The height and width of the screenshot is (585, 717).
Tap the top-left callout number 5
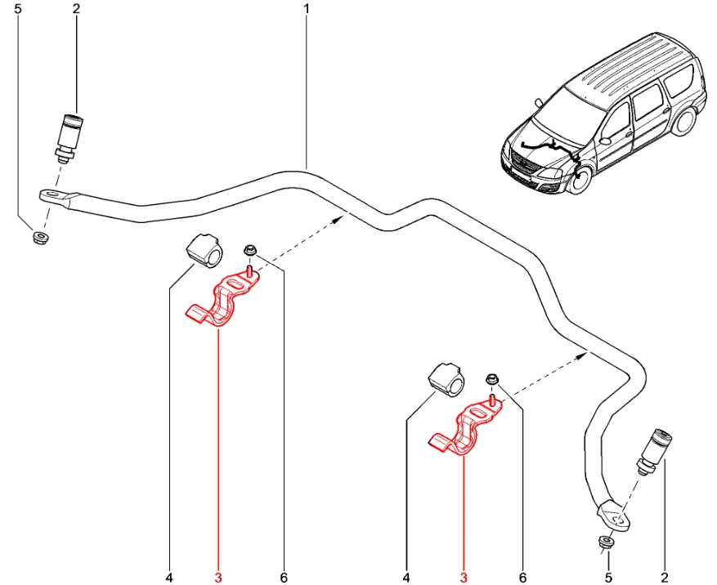20,9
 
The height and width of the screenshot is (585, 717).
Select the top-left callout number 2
76,9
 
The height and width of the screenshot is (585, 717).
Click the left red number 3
218,578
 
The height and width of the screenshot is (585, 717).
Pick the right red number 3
463,578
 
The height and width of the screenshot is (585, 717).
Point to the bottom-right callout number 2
665,578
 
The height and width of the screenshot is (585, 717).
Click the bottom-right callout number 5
608,578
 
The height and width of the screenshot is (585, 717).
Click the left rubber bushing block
203,250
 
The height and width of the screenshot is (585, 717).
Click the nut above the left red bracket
249,251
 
